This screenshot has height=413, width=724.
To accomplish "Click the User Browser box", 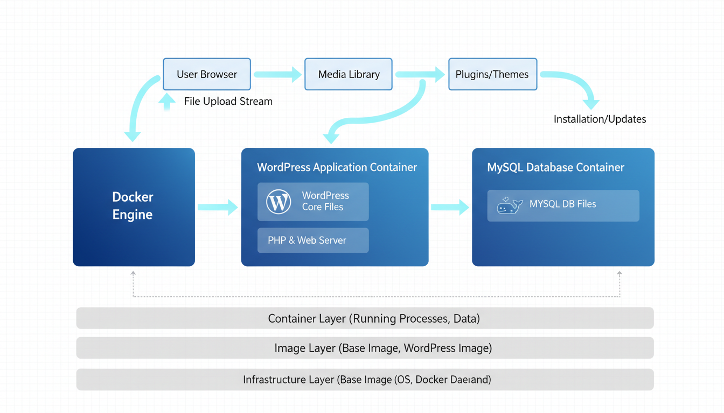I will pyautogui.click(x=207, y=74).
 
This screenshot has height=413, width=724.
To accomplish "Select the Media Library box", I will pyautogui.click(x=349, y=74).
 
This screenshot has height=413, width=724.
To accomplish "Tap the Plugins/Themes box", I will pyautogui.click(x=492, y=74).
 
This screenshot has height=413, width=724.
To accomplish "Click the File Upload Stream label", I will pyautogui.click(x=228, y=101).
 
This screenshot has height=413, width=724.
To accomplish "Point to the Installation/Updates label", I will pyautogui.click(x=600, y=119).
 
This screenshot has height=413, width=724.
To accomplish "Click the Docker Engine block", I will pyautogui.click(x=134, y=206).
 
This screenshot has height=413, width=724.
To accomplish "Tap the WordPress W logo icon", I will pyautogui.click(x=279, y=202).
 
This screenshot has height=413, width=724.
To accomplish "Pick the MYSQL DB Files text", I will pyautogui.click(x=562, y=204).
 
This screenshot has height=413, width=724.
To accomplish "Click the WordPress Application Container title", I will pyautogui.click(x=337, y=167).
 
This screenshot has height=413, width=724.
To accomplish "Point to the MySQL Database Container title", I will pyautogui.click(x=555, y=167).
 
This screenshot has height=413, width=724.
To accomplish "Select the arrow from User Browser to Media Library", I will pyautogui.click(x=277, y=74).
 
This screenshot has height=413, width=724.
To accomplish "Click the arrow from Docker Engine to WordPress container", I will pyautogui.click(x=218, y=207).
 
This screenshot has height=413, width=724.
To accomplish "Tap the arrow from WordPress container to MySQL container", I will pyautogui.click(x=450, y=206).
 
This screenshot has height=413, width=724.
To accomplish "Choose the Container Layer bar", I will pyautogui.click(x=365, y=318).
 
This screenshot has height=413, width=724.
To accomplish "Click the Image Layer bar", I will pyautogui.click(x=365, y=348).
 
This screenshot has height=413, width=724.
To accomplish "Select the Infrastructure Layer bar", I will pyautogui.click(x=365, y=380).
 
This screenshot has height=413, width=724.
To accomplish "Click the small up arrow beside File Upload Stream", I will pyautogui.click(x=167, y=101).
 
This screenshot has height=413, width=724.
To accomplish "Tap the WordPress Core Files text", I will pyautogui.click(x=325, y=201).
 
